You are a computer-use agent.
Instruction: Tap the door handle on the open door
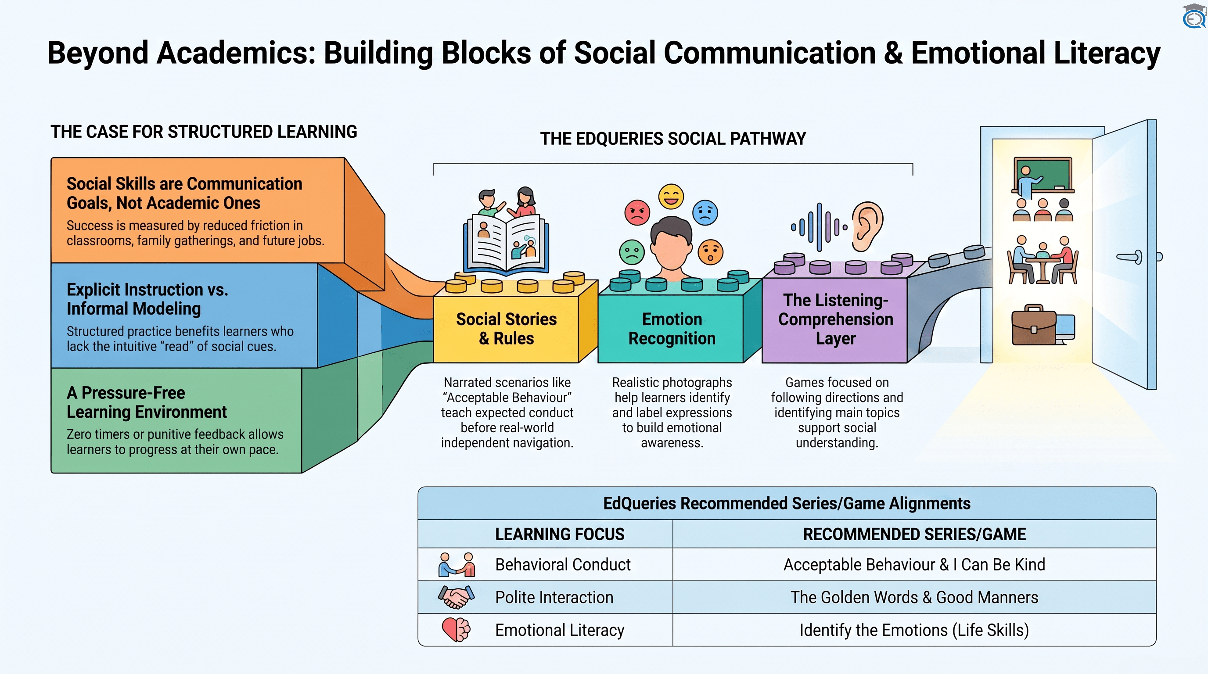click(x=1129, y=257)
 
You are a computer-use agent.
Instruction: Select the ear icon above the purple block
click(x=867, y=226)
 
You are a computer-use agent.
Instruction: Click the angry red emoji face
click(x=637, y=212)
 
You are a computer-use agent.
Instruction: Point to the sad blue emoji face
click(x=705, y=212)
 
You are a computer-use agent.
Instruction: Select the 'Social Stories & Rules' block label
click(x=507, y=329)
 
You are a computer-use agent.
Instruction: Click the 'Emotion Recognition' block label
click(x=672, y=329)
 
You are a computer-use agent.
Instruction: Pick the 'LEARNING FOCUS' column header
click(x=560, y=534)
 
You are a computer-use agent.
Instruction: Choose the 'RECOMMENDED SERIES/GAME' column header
click(x=914, y=534)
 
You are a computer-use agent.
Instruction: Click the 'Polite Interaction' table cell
click(x=554, y=597)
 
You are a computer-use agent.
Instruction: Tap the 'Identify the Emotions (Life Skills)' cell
click(x=914, y=630)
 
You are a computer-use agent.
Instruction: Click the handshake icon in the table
click(x=456, y=597)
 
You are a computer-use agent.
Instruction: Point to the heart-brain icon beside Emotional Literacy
click(x=456, y=630)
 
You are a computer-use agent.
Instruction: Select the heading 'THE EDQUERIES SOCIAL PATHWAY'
click(x=673, y=139)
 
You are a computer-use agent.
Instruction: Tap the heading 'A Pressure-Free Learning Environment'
click(x=146, y=402)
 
